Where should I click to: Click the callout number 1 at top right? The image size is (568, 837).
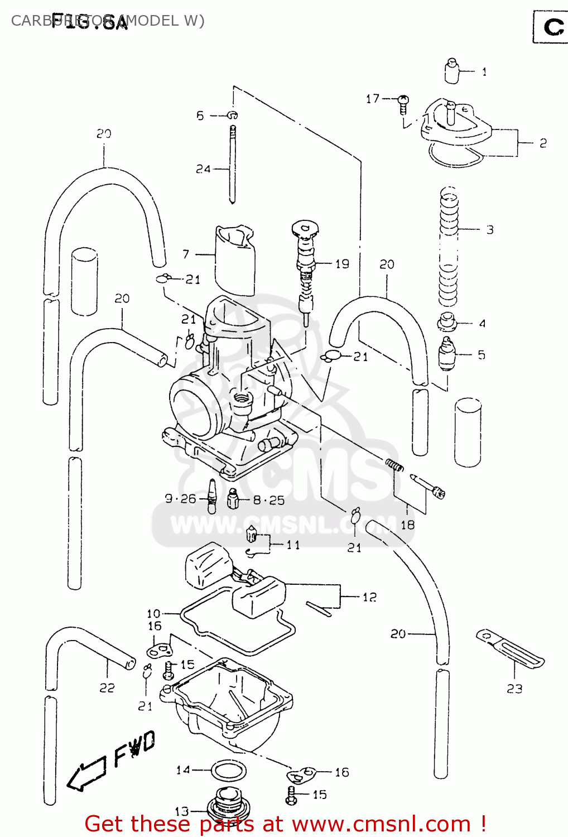(484, 71)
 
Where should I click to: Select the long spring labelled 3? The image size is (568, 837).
(449, 246)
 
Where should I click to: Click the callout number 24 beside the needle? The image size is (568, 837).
(203, 169)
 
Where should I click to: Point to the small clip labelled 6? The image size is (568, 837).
(233, 115)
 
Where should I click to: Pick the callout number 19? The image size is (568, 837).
(342, 263)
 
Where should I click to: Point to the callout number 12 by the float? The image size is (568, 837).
(369, 597)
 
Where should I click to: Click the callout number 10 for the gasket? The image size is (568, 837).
(153, 613)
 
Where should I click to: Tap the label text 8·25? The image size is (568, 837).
(269, 500)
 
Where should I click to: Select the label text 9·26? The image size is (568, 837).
(180, 498)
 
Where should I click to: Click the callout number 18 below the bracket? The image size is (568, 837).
(408, 525)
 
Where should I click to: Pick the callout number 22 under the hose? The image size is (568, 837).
(107, 687)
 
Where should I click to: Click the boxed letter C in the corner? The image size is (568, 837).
(552, 27)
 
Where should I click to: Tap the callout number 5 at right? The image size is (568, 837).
(481, 355)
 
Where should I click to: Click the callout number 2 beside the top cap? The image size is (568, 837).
(543, 143)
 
